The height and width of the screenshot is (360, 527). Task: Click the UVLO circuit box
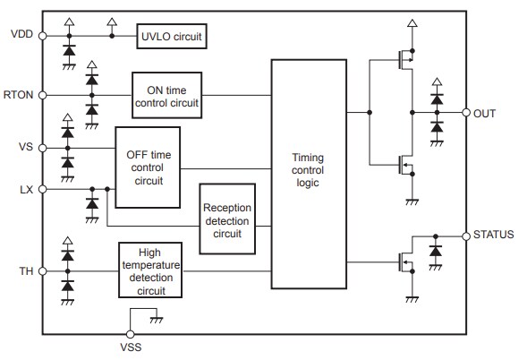click(171, 38)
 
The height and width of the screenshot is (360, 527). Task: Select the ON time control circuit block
click(167, 94)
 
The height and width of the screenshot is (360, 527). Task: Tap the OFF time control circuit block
click(149, 167)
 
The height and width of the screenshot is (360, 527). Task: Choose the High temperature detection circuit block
click(150, 271)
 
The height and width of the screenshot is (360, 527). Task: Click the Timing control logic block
click(307, 173)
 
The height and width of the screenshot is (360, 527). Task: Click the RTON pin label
click(21, 94)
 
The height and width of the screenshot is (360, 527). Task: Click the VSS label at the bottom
click(132, 347)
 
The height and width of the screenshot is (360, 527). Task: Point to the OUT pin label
click(486, 114)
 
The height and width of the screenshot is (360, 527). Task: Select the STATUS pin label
click(495, 236)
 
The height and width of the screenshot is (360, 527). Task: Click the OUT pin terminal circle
click(466, 114)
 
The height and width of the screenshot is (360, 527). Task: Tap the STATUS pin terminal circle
click(466, 236)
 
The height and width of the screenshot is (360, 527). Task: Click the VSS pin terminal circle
click(132, 333)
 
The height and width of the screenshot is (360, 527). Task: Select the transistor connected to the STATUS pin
click(404, 262)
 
